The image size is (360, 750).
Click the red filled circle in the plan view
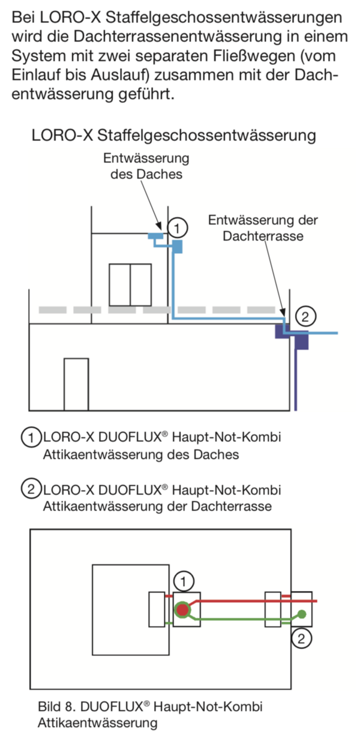click(182, 610)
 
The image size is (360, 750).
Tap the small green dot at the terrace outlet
click(302, 614)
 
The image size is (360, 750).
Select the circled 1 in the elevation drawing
click(177, 228)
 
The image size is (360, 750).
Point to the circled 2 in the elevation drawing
click(305, 316)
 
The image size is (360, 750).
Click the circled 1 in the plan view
click(183, 581)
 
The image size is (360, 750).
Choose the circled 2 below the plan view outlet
click(301, 638)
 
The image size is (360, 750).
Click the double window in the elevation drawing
click(130, 285)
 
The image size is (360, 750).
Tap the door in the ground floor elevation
click(76, 385)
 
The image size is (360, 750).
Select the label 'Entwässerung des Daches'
click(146, 166)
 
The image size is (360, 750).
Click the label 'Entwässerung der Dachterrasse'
click(263, 228)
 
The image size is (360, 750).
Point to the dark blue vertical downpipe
click(295, 380)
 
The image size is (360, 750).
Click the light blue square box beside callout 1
click(177, 247)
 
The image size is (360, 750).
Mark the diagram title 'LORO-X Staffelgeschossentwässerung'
click(174, 135)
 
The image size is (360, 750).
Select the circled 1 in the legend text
click(31, 437)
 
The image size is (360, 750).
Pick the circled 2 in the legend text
click(31, 489)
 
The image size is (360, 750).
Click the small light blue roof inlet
click(156, 236)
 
